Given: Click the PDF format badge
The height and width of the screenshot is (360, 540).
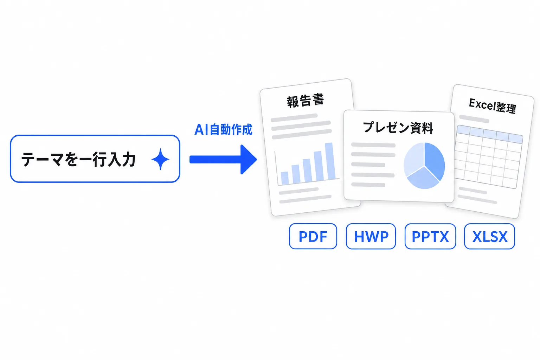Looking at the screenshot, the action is (313, 236).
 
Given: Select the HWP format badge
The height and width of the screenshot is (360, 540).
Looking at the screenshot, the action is (371, 236).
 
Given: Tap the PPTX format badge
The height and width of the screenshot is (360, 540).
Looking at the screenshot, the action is (430, 236).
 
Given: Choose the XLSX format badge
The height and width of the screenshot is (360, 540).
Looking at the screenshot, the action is (489, 236).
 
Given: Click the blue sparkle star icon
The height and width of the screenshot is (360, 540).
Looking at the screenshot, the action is (160, 159).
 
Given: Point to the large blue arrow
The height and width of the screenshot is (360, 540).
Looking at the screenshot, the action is (223, 159).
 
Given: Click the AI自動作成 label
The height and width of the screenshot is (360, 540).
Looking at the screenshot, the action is (223, 129).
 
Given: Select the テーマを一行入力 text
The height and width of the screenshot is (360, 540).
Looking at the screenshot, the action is (78, 159).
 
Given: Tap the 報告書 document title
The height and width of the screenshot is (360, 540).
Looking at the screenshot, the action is (305, 101).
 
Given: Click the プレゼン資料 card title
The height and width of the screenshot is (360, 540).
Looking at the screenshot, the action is (398, 128).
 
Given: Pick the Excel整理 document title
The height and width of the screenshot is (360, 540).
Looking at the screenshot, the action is (492, 106).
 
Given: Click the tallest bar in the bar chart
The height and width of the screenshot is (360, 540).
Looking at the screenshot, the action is (330, 161).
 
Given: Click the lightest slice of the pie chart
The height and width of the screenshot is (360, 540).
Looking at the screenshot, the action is (413, 158).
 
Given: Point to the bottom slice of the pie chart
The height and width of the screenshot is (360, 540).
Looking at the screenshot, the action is (423, 179).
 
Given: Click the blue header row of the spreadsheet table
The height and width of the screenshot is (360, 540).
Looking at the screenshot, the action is (490, 134).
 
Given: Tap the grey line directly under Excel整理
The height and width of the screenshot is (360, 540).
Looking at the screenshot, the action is (474, 119).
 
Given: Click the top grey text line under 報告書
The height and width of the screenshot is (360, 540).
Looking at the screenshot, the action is (294, 118).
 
